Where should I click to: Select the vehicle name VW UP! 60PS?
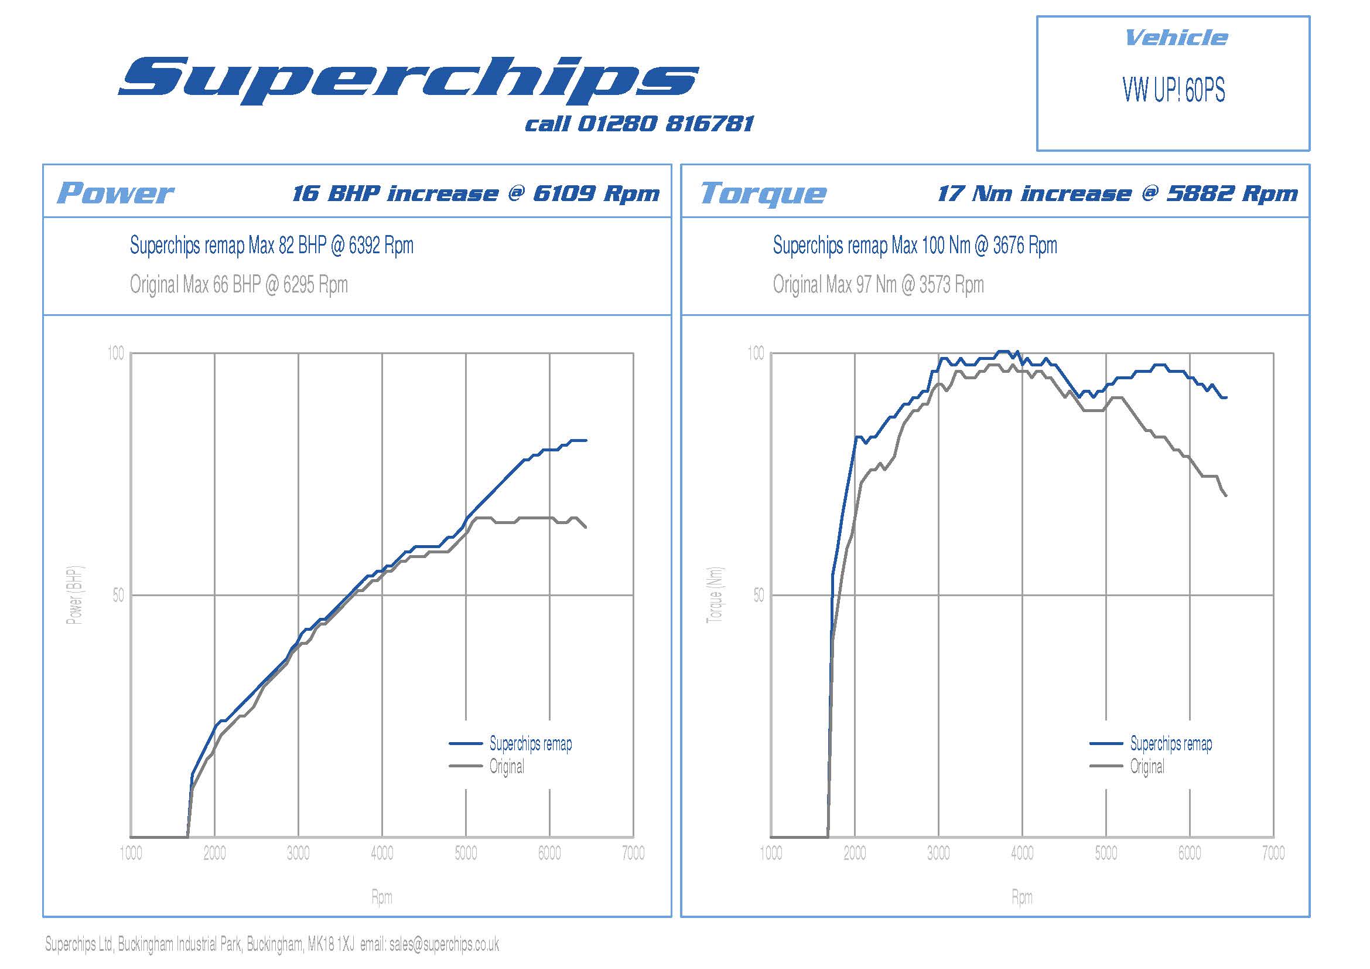[1173, 91]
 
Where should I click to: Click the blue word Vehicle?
[1176, 38]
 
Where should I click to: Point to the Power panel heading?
[115, 193]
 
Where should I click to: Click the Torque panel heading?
[763, 193]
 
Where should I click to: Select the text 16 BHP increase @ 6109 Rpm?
[476, 193]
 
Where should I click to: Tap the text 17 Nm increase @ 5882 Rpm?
[1117, 193]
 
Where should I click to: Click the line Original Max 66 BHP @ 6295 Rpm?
[238, 285]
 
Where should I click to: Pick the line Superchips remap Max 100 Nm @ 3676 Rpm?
[915, 246]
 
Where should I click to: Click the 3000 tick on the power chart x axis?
[298, 853]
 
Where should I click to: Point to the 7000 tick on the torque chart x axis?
[1273, 853]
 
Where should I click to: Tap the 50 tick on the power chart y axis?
[118, 595]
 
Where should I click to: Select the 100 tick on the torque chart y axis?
[756, 353]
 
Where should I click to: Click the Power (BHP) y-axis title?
[75, 594]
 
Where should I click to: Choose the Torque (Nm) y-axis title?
[715, 594]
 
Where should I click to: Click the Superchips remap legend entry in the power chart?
[530, 744]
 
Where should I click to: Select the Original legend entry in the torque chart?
[1147, 767]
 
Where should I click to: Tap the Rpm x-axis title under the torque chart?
[1021, 897]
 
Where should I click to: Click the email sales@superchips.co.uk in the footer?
[444, 944]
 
